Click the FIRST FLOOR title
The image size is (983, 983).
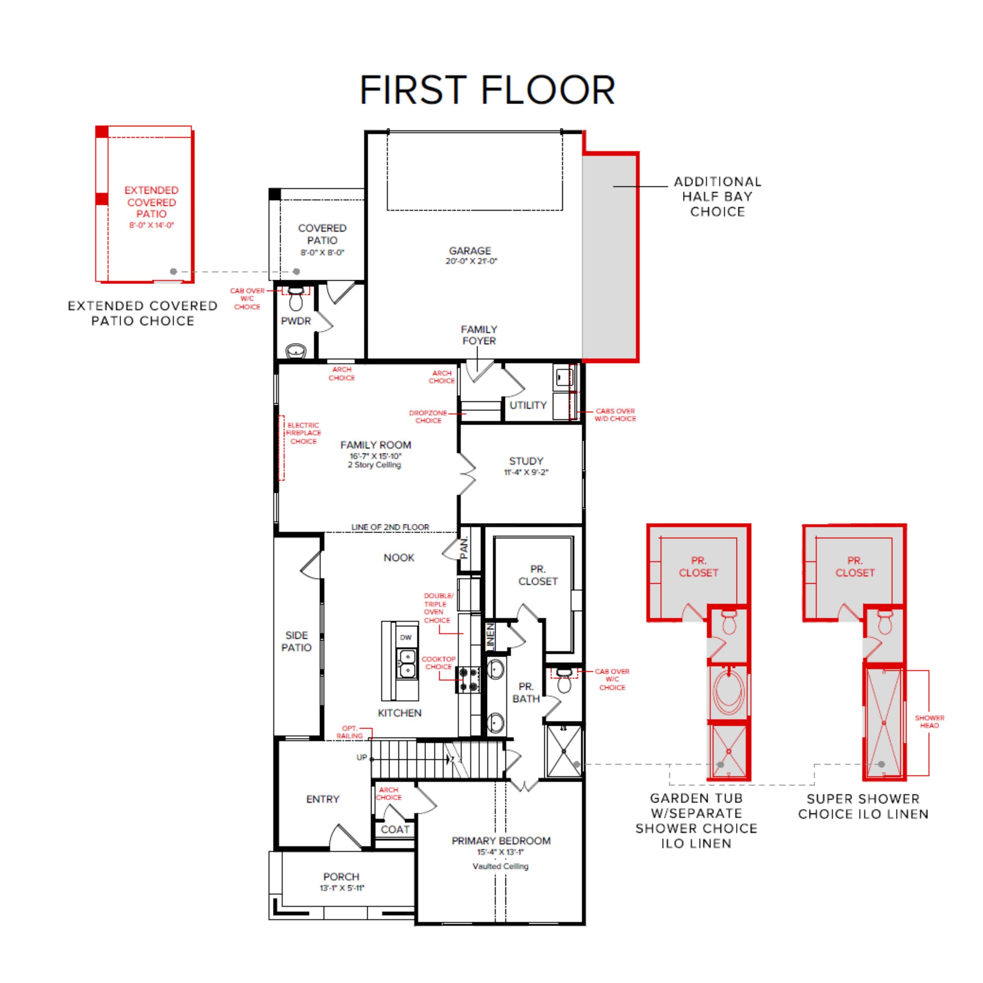coord(487,91)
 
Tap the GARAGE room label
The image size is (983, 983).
coord(470,251)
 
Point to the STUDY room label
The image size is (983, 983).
coord(526,461)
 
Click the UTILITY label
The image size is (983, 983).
coord(528,405)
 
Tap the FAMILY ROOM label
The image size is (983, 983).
coord(376,445)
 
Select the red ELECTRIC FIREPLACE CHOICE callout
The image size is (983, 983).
coord(303,433)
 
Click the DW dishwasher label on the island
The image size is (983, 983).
coord(405,638)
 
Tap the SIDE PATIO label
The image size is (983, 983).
coord(297,641)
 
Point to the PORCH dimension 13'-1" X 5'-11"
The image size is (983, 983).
coord(342,888)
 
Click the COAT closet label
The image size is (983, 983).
coord(395,830)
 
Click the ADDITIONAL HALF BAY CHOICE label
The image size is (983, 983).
coord(718,197)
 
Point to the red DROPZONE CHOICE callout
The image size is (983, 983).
coord(428,417)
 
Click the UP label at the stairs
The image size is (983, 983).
coord(361,757)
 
